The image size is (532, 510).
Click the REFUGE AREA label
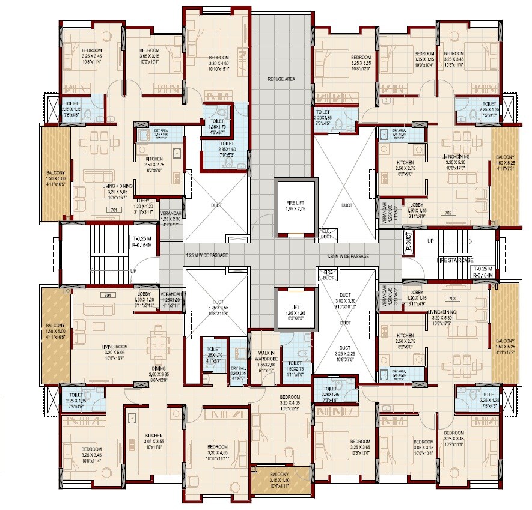tap(281, 79)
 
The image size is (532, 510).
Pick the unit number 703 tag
tap(453, 298)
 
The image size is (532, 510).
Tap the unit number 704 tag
tap(108, 295)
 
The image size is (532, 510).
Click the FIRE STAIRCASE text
tap(454, 260)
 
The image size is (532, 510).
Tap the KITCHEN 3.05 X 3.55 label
tap(154, 440)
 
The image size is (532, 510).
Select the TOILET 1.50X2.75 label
tap(295, 366)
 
